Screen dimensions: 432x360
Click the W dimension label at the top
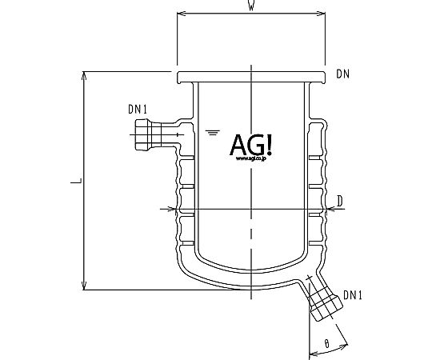[251, 5]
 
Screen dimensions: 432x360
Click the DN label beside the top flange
[342, 74]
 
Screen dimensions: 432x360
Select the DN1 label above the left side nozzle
[138, 109]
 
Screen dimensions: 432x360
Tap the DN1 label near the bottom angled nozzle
[352, 295]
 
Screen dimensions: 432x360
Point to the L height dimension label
[76, 181]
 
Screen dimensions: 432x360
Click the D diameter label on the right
[340, 201]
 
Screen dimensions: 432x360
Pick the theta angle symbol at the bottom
[326, 344]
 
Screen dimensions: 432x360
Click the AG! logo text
[250, 144]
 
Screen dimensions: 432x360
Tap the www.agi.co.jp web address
[250, 158]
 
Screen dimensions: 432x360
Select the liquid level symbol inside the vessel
[213, 133]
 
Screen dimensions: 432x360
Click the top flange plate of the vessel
[251, 77]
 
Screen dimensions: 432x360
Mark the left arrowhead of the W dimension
[181, 14]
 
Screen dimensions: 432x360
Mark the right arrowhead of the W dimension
[322, 14]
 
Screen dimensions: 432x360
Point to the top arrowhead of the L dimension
[84, 76]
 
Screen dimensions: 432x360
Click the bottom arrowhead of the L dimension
[84, 286]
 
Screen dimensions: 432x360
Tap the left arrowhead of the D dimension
[173, 209]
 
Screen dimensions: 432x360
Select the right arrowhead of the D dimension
[330, 209]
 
